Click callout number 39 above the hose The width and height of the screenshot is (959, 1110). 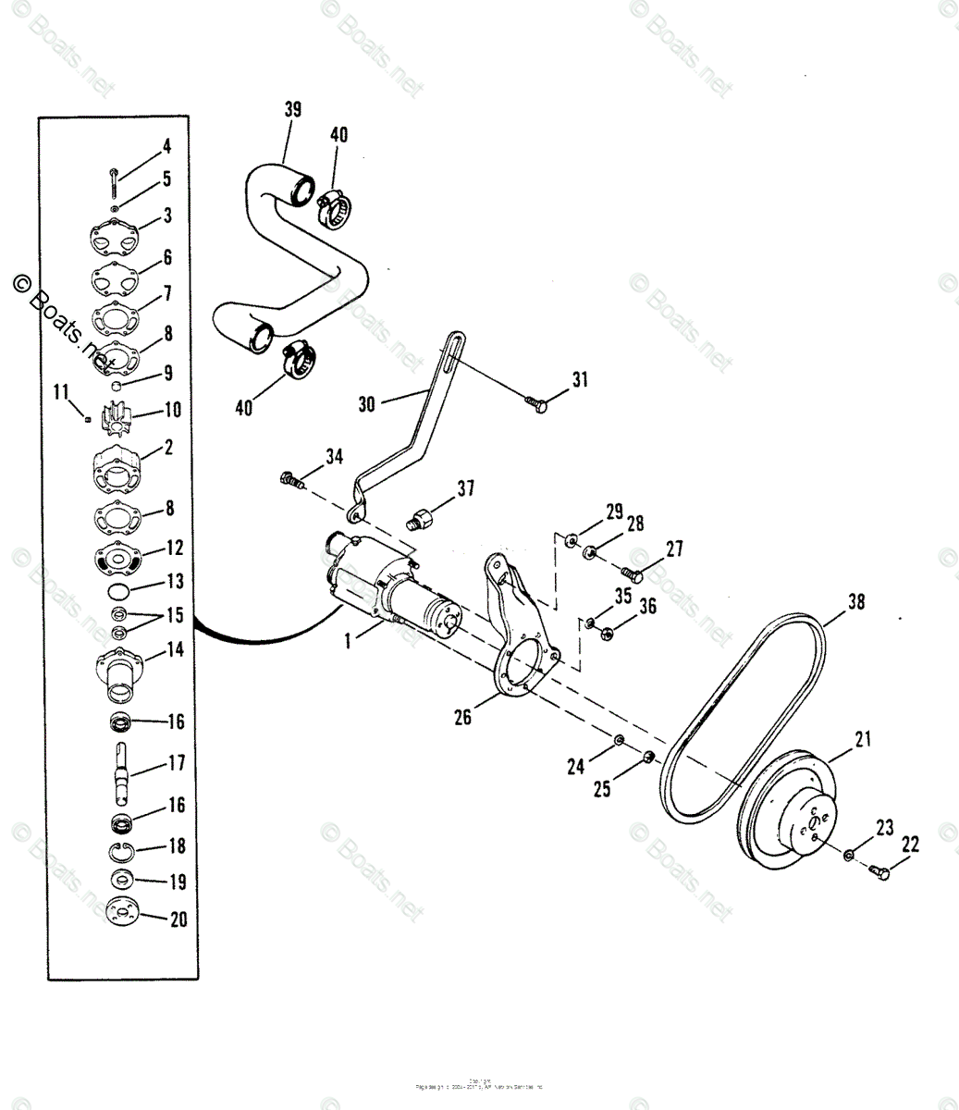pyautogui.click(x=292, y=109)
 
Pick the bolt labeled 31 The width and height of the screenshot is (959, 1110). pyautogui.click(x=536, y=403)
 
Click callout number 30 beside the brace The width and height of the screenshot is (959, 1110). pyautogui.click(x=367, y=404)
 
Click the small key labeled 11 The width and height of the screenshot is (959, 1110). pyautogui.click(x=86, y=419)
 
